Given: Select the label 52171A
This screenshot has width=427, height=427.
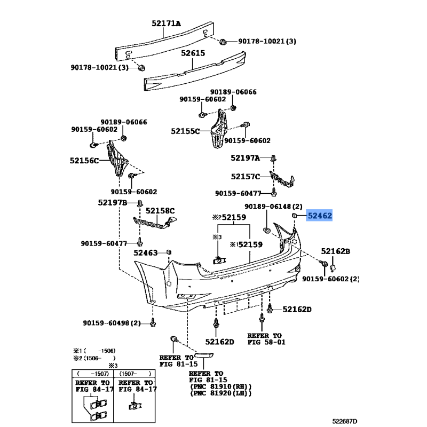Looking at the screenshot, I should [x=165, y=23].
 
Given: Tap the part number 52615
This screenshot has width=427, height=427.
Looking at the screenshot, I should [x=193, y=54].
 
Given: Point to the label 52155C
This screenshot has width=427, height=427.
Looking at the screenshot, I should [x=185, y=131].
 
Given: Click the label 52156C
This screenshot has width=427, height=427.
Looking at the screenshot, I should [x=84, y=160].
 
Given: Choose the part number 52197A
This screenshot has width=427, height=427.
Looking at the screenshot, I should [x=245, y=158].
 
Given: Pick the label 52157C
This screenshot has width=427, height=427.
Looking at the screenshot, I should [x=246, y=176].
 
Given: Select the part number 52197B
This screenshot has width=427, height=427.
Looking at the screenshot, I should [x=112, y=203].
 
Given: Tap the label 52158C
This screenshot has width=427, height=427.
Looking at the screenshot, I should [x=160, y=211].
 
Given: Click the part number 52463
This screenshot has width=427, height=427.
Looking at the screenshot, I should [x=146, y=252].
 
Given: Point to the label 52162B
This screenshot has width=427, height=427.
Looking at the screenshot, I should [x=335, y=251].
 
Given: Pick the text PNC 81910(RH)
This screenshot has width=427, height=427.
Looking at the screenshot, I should [x=220, y=386].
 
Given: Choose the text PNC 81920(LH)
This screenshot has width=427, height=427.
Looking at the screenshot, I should [x=220, y=394].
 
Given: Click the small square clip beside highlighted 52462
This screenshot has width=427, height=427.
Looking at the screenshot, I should [x=294, y=215].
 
